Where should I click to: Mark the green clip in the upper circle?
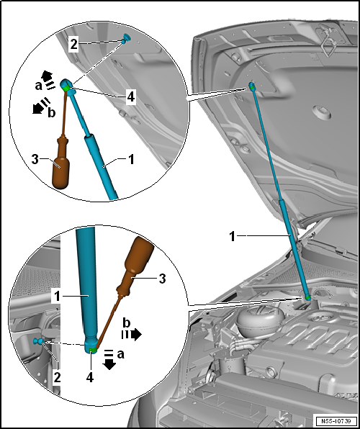[68, 87]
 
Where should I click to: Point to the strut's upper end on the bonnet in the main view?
[252, 87]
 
